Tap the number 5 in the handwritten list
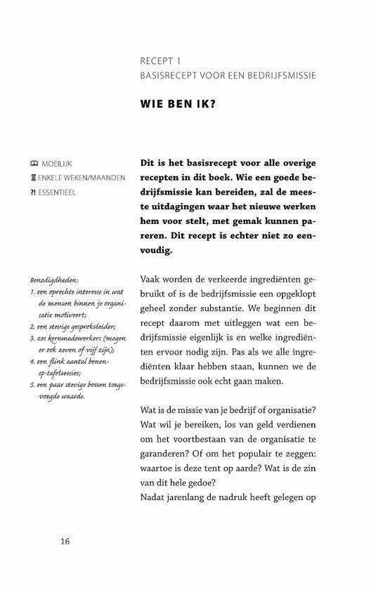click(x=33, y=384)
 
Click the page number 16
click(x=65, y=541)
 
